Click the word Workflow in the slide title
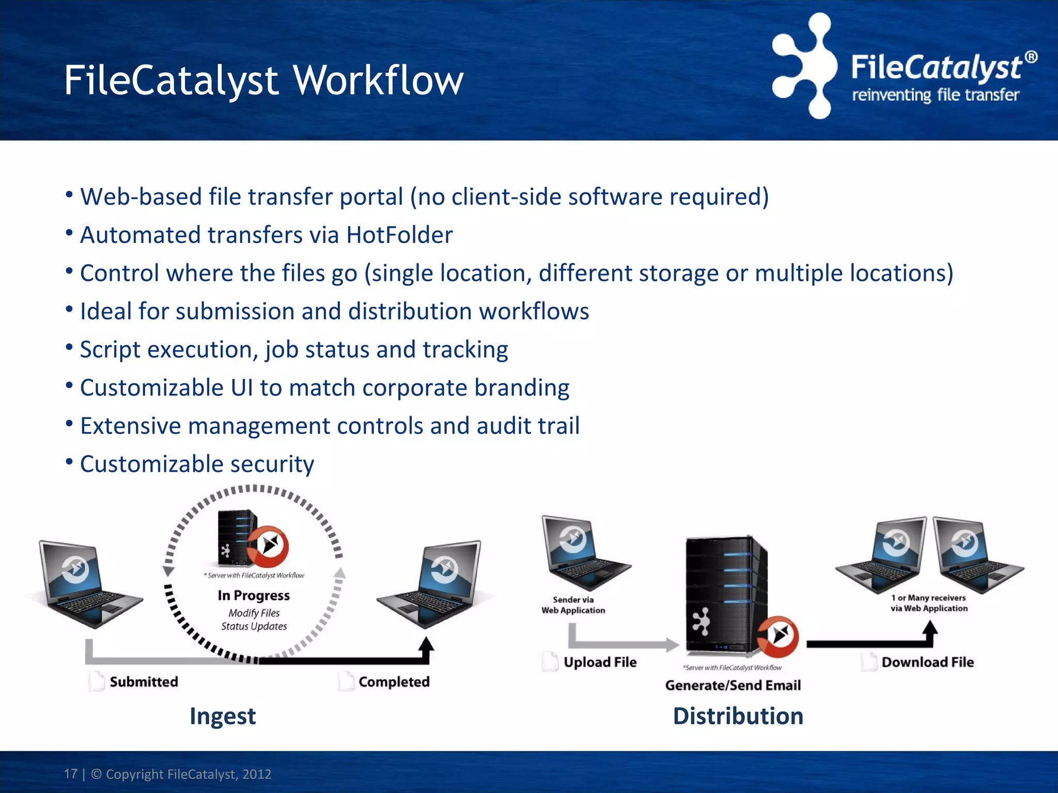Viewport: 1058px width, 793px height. pyautogui.click(x=378, y=81)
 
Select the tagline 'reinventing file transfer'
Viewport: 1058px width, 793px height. pyautogui.click(x=935, y=96)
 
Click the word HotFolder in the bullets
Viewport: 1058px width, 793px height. pyautogui.click(x=399, y=235)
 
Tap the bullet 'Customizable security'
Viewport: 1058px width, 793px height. pyautogui.click(x=197, y=464)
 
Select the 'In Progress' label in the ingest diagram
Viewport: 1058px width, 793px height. pyautogui.click(x=254, y=595)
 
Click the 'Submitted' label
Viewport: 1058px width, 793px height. pyautogui.click(x=144, y=681)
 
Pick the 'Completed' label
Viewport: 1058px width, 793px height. pyautogui.click(x=394, y=681)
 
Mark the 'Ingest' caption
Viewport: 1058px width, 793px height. pyautogui.click(x=223, y=716)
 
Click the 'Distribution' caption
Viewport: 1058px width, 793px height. pyautogui.click(x=738, y=716)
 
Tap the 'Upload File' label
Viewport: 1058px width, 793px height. pyautogui.click(x=600, y=662)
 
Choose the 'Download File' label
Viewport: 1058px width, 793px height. pyautogui.click(x=927, y=662)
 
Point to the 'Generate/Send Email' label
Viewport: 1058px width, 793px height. pyautogui.click(x=733, y=685)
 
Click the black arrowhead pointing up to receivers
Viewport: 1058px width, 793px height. pyautogui.click(x=930, y=628)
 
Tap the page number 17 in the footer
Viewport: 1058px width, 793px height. pyautogui.click(x=70, y=774)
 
